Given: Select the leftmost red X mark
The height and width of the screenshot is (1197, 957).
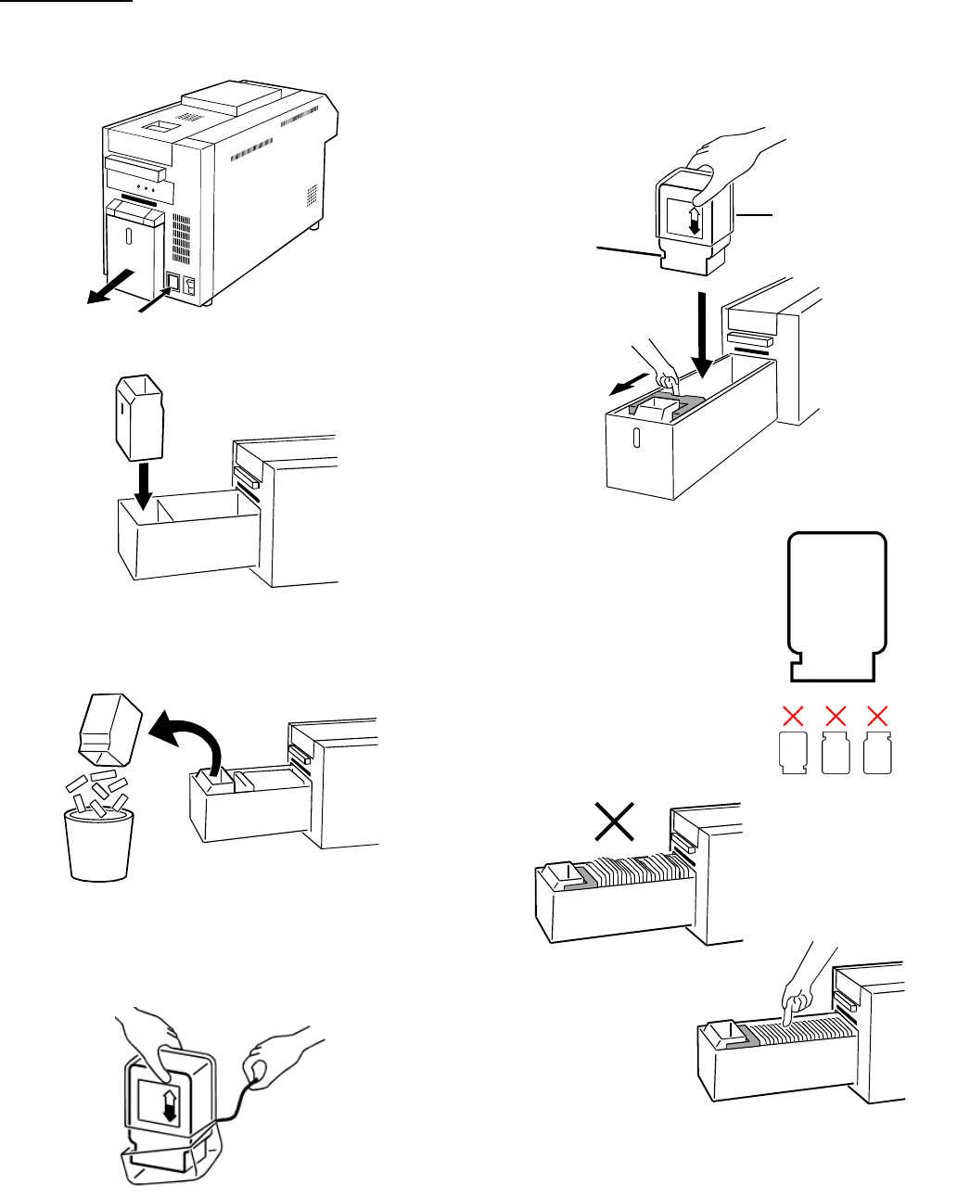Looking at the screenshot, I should point(793,715).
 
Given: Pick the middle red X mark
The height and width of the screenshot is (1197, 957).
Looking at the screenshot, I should point(836,715).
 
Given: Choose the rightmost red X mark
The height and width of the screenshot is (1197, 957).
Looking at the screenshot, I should point(876,715).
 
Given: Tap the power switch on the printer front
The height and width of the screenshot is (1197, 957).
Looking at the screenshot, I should point(173,281).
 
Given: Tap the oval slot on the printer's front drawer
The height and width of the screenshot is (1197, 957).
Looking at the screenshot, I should point(130,236).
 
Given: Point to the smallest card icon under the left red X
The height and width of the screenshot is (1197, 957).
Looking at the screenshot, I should point(791,753).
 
